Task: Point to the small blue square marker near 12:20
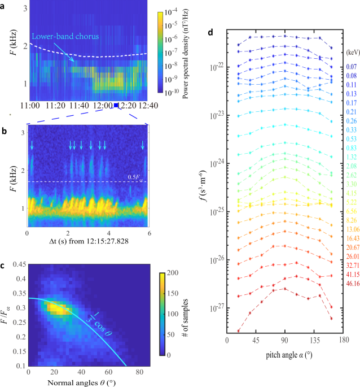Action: pyautogui.click(x=116, y=105)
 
